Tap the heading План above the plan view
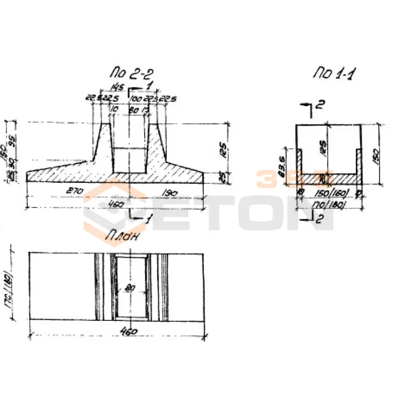click(123, 237)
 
